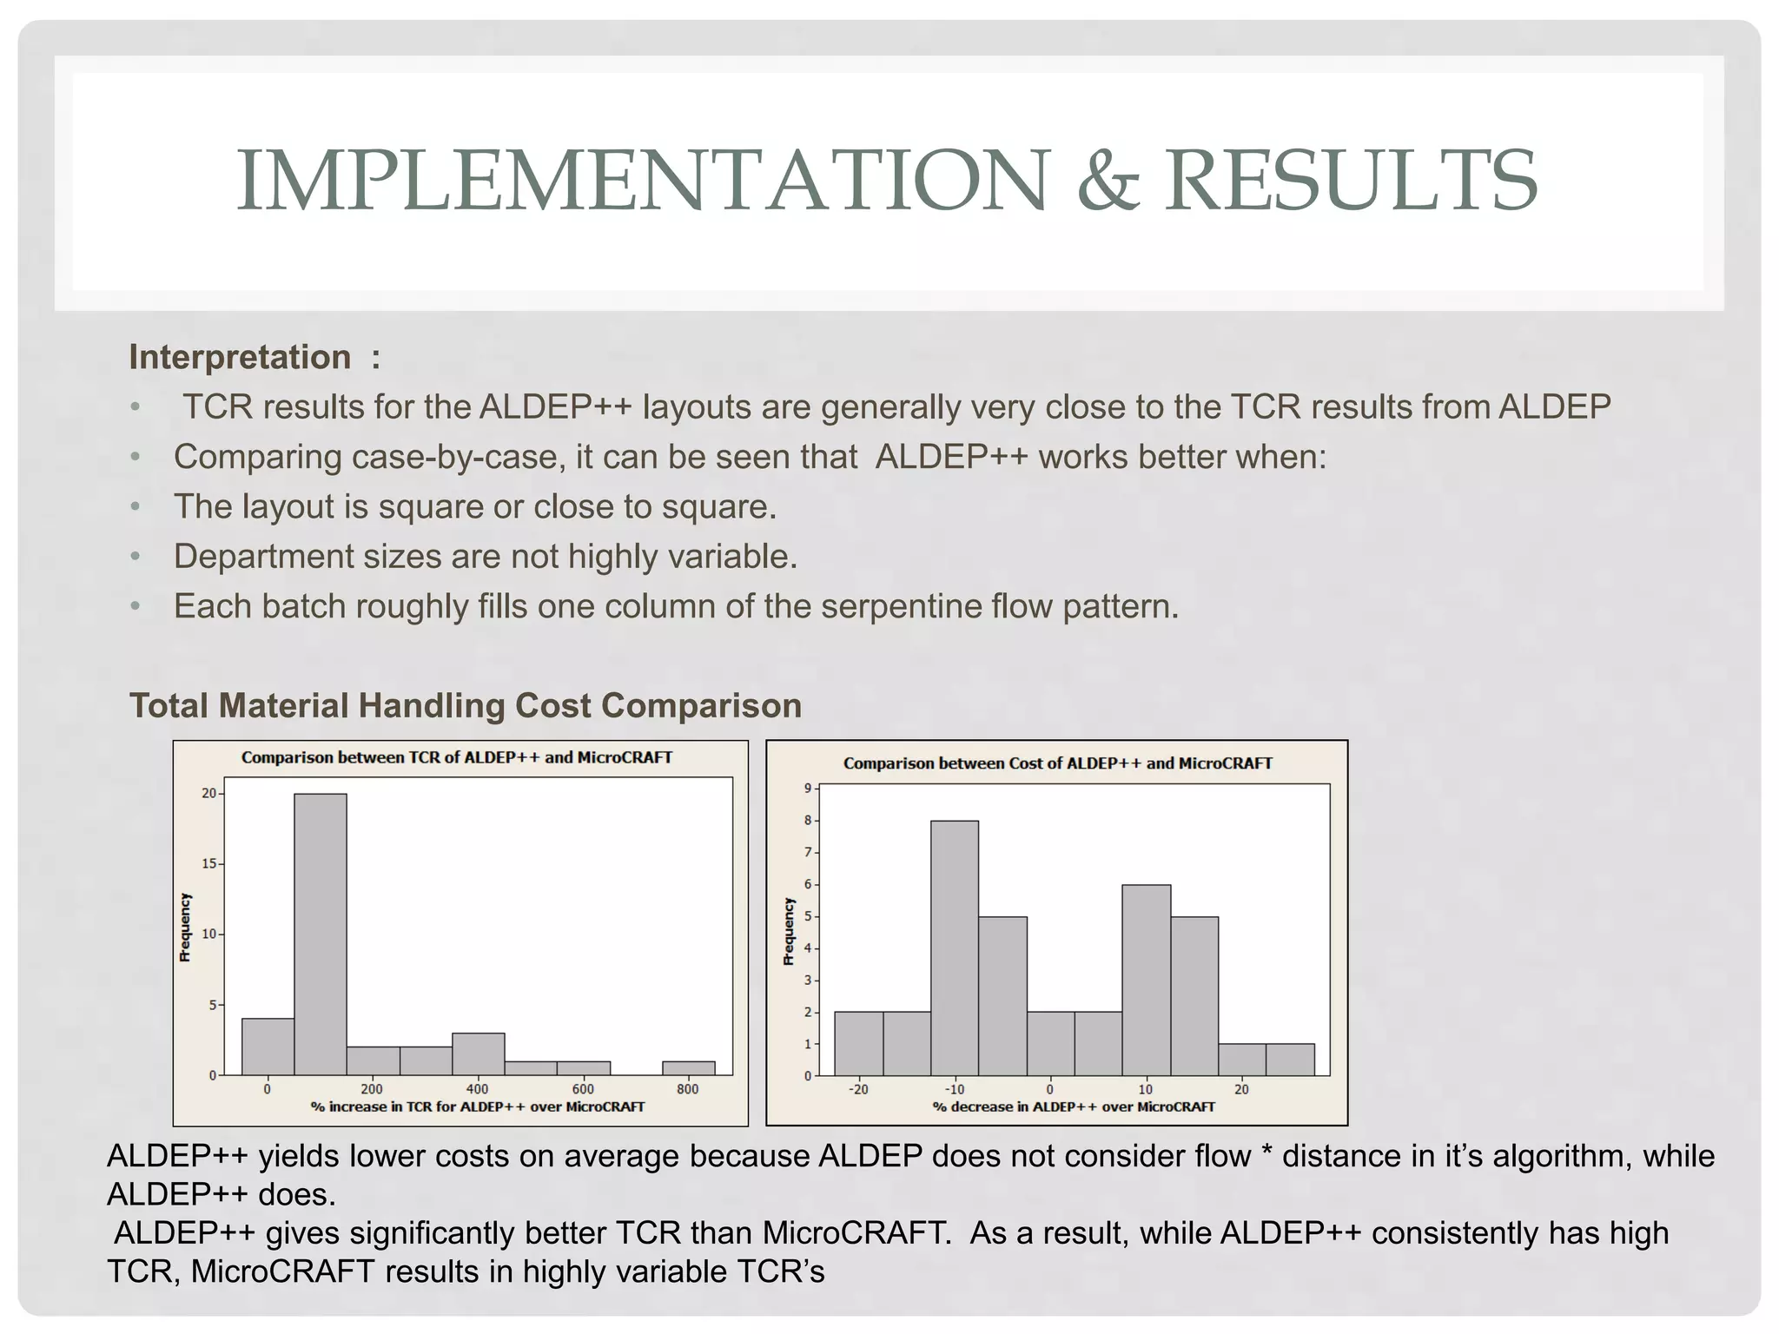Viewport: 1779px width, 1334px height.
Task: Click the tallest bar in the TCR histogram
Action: pyautogui.click(x=320, y=934)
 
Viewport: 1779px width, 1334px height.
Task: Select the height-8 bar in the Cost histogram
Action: pyautogui.click(x=954, y=948)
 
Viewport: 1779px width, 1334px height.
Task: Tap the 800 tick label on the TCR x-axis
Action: pyautogui.click(x=687, y=1089)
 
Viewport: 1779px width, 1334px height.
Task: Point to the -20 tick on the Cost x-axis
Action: pyautogui.click(x=857, y=1089)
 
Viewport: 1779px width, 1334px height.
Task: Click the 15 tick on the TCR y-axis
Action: pyautogui.click(x=209, y=864)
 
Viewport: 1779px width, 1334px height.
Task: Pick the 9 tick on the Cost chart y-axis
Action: pyautogui.click(x=807, y=789)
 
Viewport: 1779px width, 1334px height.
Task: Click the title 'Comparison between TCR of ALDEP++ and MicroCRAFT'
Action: pyautogui.click(x=457, y=757)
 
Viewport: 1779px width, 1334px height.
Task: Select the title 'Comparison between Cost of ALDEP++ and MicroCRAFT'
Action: pyautogui.click(x=1057, y=763)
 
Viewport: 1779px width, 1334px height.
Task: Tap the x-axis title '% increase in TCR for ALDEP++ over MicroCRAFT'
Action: pyautogui.click(x=478, y=1106)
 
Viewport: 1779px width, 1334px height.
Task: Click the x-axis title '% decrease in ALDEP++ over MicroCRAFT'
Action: pyautogui.click(x=1074, y=1106)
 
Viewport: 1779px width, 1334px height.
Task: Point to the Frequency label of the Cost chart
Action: pyautogui.click(x=789, y=931)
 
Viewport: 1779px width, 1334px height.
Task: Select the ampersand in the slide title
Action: pyautogui.click(x=1107, y=182)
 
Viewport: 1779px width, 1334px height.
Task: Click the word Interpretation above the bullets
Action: pyautogui.click(x=240, y=357)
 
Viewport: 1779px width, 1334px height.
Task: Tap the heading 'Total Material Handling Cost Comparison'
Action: pyautogui.click(x=466, y=705)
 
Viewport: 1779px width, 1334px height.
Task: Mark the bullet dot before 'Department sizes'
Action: pyautogui.click(x=135, y=557)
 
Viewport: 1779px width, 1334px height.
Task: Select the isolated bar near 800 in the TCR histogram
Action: pyautogui.click(x=688, y=1068)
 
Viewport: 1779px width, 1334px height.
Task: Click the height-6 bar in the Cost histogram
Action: pyautogui.click(x=1146, y=980)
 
